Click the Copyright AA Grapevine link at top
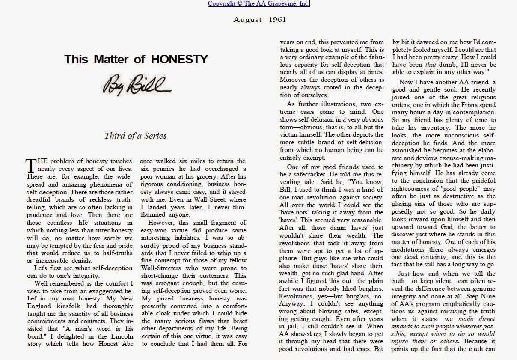[x=258, y=4]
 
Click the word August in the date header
[x=246, y=19]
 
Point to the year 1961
[x=278, y=19]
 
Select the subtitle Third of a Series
[x=135, y=136]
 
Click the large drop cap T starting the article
[x=30, y=165]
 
